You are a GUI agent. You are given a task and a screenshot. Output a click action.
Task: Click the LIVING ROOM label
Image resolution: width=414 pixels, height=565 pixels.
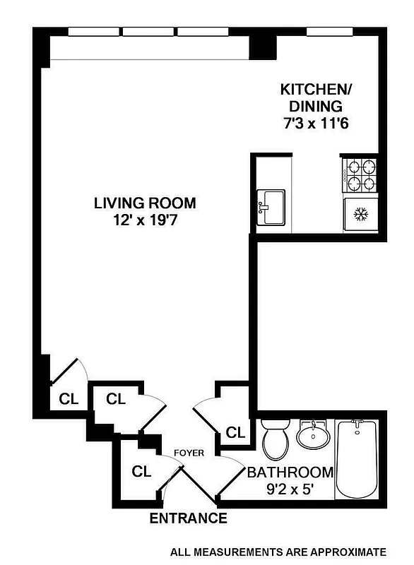(x=145, y=203)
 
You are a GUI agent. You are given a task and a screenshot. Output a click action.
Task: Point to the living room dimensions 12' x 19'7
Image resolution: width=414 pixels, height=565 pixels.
(x=145, y=220)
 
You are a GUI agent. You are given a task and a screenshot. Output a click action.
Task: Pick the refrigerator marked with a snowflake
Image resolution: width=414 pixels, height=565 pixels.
(x=360, y=215)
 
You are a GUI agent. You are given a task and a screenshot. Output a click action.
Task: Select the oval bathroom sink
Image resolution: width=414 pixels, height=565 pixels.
(x=312, y=435)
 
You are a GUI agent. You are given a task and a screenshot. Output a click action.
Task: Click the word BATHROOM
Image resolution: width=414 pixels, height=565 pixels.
(x=289, y=472)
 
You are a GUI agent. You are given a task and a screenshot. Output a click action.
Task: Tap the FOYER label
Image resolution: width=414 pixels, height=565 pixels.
(x=190, y=453)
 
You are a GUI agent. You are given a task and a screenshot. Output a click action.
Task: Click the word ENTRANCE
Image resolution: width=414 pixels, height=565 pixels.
(x=188, y=518)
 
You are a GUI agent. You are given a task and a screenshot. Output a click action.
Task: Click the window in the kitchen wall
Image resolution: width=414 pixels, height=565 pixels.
(x=321, y=31)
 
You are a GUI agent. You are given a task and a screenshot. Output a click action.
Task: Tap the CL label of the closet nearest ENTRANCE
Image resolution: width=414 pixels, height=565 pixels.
(x=142, y=471)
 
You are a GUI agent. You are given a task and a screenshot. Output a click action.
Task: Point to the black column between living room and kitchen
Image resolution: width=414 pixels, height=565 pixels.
(x=262, y=46)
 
